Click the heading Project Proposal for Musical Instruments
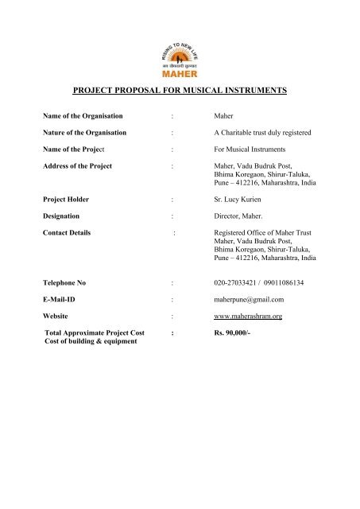point(180,91)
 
